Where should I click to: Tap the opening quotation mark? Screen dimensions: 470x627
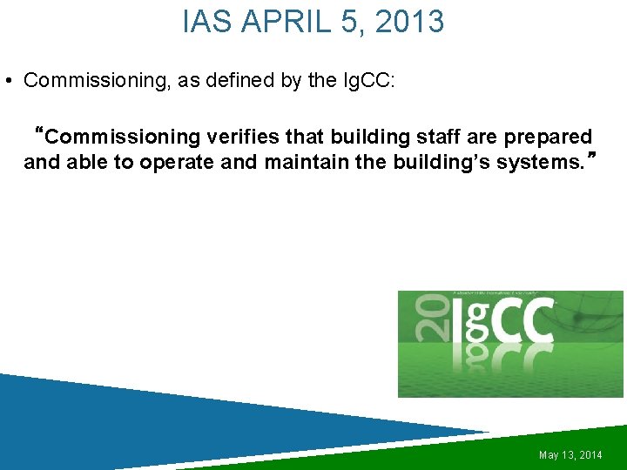coord(37,135)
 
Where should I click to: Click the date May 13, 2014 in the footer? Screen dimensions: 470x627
coord(570,455)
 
